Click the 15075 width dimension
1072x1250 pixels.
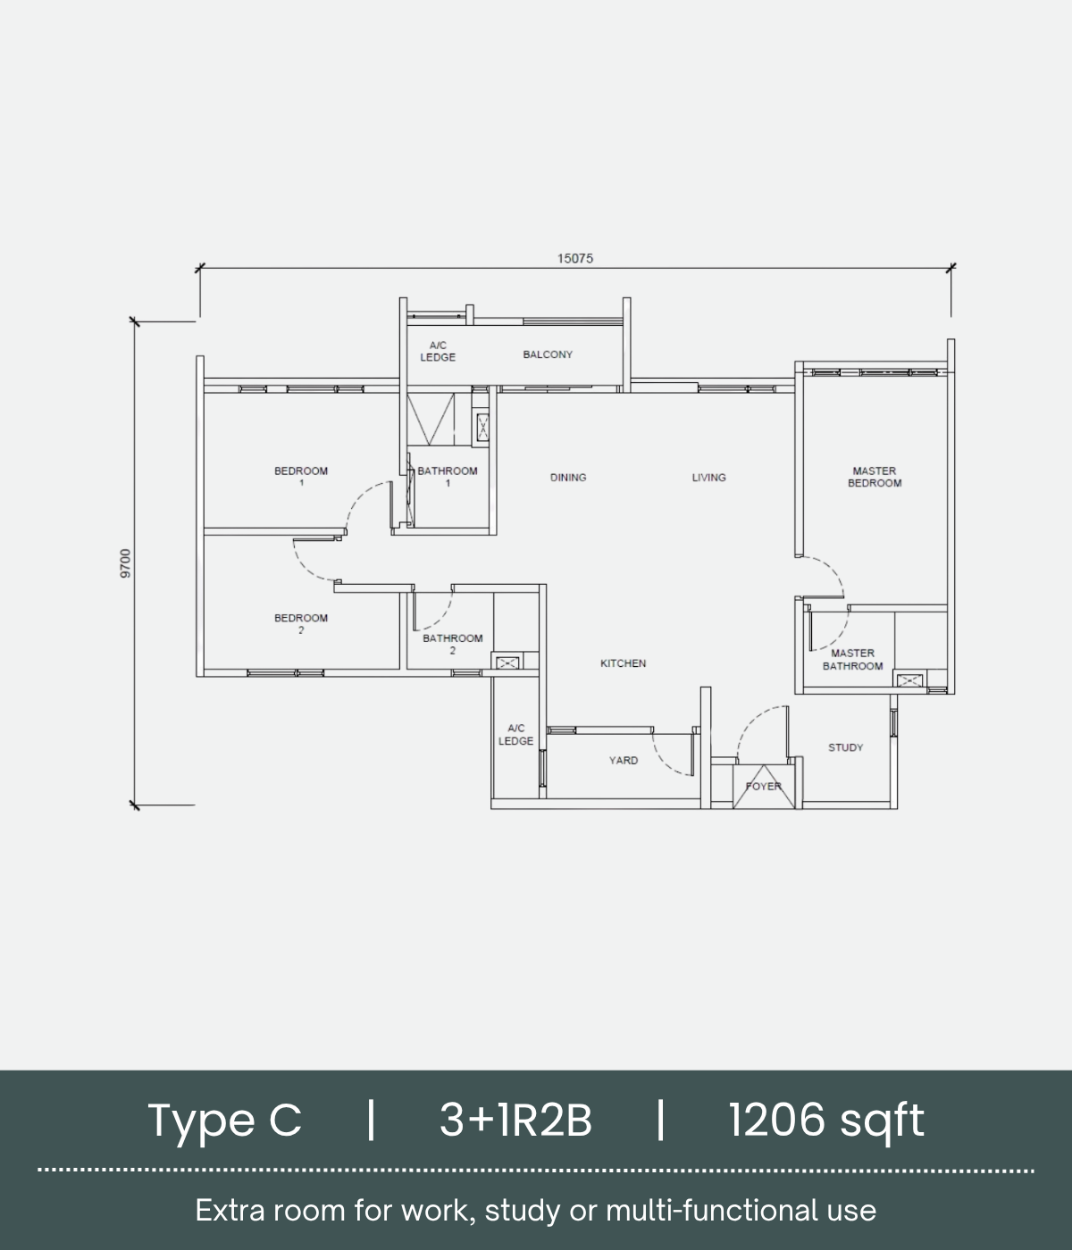click(x=574, y=258)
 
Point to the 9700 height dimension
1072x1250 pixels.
click(x=125, y=563)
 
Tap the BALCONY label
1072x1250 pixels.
click(x=548, y=354)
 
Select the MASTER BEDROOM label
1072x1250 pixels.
click(x=875, y=477)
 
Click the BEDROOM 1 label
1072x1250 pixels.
click(x=301, y=477)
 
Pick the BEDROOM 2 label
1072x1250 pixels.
click(x=301, y=623)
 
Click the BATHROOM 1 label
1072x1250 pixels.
click(x=447, y=477)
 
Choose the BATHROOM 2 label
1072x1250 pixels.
click(x=453, y=644)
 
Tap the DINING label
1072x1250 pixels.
click(x=568, y=477)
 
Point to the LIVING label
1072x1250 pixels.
click(x=708, y=477)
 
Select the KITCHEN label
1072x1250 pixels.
click(x=624, y=663)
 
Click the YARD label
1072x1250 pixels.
click(x=624, y=760)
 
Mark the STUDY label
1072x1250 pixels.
click(x=845, y=747)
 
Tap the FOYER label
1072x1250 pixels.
click(x=763, y=787)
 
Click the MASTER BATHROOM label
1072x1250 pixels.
click(x=852, y=659)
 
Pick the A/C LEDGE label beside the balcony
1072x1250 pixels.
click(x=438, y=352)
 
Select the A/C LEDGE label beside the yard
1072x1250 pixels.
click(x=515, y=734)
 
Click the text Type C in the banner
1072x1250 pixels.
click(x=224, y=1121)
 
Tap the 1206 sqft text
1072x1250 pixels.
click(x=826, y=1121)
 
